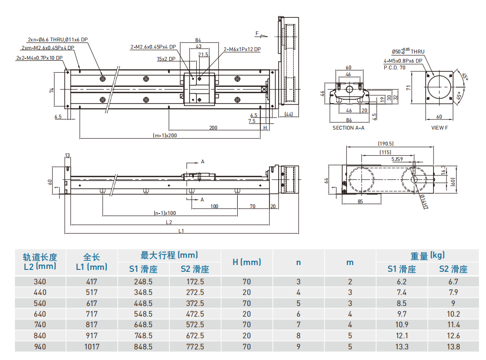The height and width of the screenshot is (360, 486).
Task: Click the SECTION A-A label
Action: pyautogui.click(x=349, y=128)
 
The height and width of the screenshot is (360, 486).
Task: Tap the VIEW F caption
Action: pyautogui.click(x=440, y=128)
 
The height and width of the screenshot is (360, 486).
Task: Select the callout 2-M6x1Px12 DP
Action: pyautogui.click(x=242, y=49)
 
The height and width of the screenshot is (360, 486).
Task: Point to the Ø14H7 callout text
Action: pyautogui.click(x=424, y=201)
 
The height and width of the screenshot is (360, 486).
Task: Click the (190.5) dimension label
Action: pyautogui.click(x=386, y=144)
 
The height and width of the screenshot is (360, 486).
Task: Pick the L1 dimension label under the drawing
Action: pyautogui.click(x=181, y=231)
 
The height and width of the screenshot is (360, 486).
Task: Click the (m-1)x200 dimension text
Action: pyautogui.click(x=165, y=135)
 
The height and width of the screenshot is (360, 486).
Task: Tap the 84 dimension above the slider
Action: pyautogui.click(x=198, y=40)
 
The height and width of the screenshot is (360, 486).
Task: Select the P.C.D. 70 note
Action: pyautogui.click(x=394, y=67)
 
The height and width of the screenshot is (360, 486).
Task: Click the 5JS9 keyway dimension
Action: pyautogui.click(x=397, y=159)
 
